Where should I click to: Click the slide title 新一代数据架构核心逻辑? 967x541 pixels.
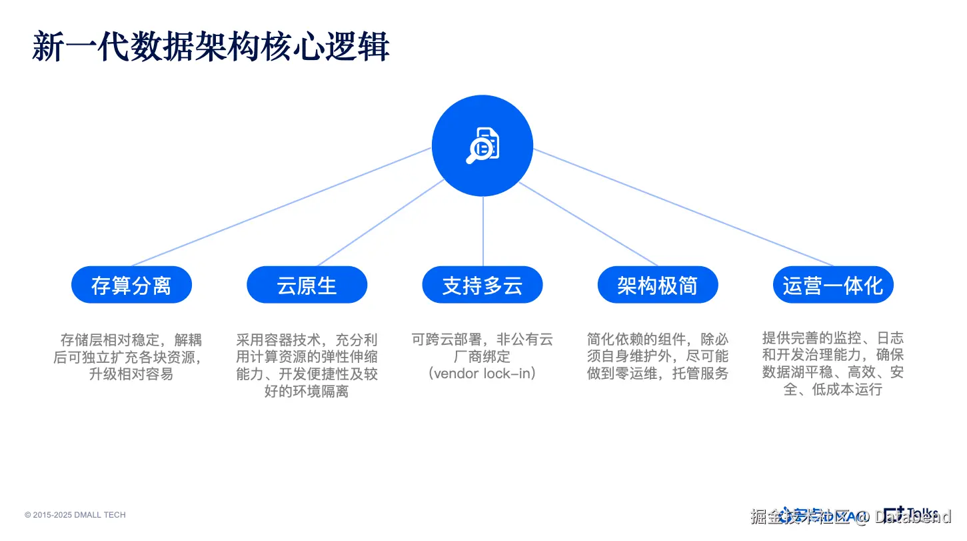coord(211,47)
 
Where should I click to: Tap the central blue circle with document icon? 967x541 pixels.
coord(483,146)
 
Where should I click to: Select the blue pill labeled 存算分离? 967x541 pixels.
coord(131,286)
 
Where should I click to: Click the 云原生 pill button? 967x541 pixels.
coord(307,286)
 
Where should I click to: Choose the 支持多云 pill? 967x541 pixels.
coord(483,286)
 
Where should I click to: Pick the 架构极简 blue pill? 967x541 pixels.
coord(657,286)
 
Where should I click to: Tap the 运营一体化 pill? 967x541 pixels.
coord(833,286)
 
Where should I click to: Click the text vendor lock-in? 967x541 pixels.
coord(483,374)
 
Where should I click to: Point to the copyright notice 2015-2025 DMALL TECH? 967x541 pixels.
coord(75,515)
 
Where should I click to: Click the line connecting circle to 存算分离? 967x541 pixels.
coord(280,207)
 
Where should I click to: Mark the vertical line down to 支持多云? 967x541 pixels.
coord(483,230)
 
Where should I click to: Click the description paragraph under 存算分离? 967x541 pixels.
coord(131,357)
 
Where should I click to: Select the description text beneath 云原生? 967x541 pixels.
coord(307,365)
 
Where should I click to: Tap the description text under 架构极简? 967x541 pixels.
coord(657,357)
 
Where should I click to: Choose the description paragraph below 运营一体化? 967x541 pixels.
coord(833,365)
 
